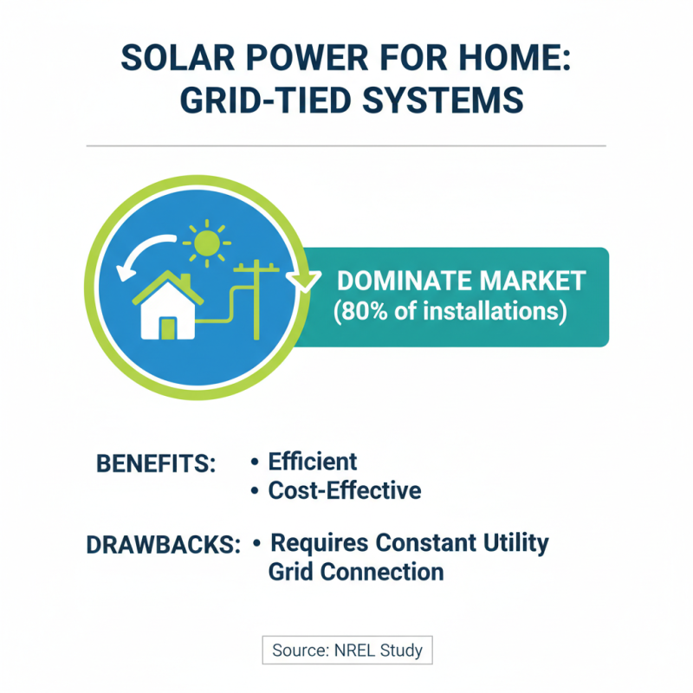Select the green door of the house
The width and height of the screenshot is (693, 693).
pos(167,327)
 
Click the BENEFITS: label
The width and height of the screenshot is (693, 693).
pos(155,463)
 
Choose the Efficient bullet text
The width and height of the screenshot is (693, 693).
pos(312,461)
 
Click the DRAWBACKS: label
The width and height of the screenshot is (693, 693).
pos(163,546)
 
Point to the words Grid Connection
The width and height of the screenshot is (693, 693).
pos(356,573)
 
